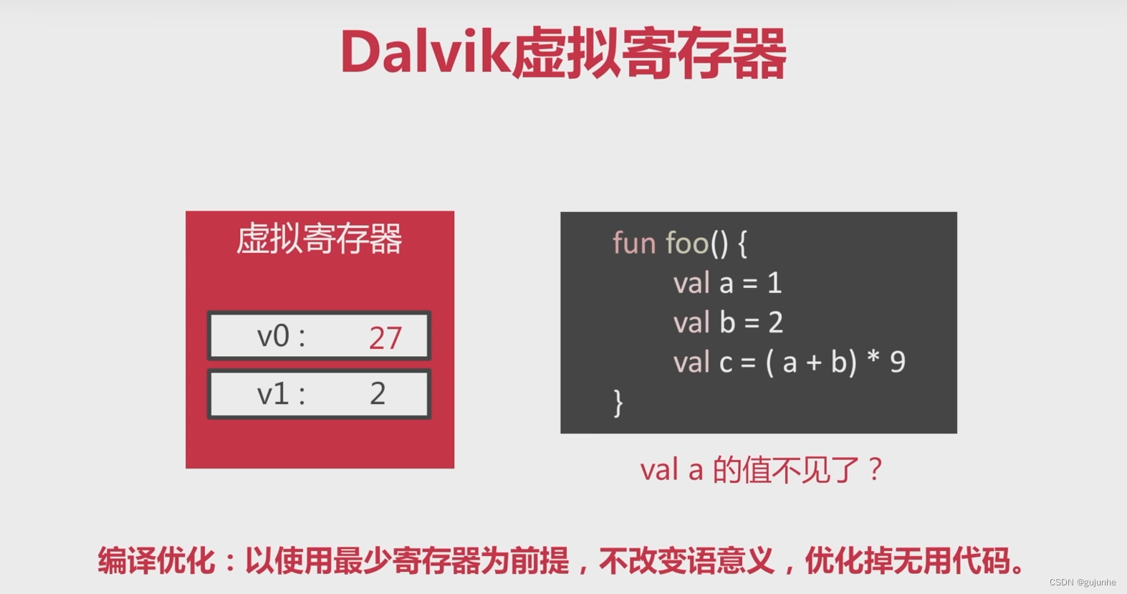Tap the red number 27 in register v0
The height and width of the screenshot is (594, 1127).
click(x=385, y=337)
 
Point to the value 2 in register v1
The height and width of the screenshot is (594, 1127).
click(x=378, y=393)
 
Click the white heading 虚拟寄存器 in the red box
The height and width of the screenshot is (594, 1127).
click(x=320, y=239)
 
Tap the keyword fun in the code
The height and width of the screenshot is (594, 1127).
click(x=635, y=243)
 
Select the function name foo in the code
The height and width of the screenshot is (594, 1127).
click(x=687, y=243)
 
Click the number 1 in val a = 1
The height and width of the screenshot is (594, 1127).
click(x=774, y=282)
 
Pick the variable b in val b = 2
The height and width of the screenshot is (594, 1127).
click(x=727, y=322)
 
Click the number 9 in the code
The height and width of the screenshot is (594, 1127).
click(x=898, y=362)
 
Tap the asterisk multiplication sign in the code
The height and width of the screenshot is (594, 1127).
click(x=873, y=357)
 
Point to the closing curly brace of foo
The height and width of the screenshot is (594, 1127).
click(x=618, y=403)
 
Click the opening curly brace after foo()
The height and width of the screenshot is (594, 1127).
click(x=742, y=244)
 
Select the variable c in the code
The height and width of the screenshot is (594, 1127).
click(x=726, y=363)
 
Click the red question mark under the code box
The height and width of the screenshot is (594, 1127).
click(x=876, y=469)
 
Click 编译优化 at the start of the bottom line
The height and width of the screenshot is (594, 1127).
click(x=156, y=560)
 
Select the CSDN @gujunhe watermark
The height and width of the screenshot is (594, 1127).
click(x=1083, y=582)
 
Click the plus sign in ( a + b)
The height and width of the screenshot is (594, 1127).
click(x=814, y=363)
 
